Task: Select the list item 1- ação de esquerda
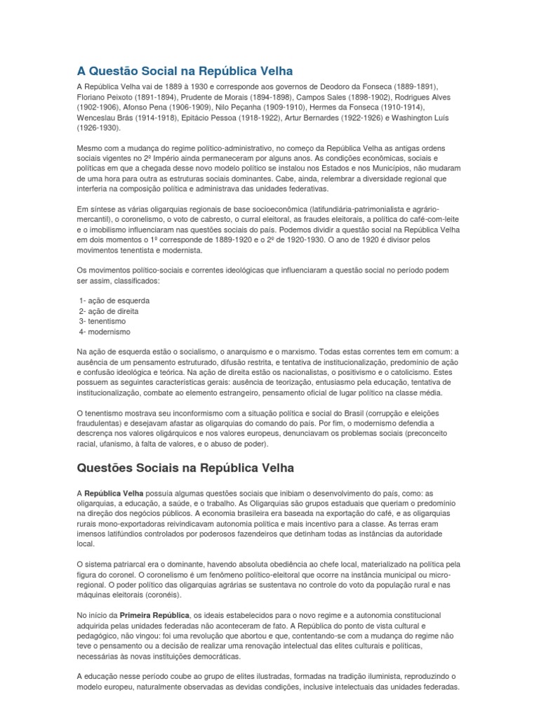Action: tap(114, 301)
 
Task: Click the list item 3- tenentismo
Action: tap(103, 322)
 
